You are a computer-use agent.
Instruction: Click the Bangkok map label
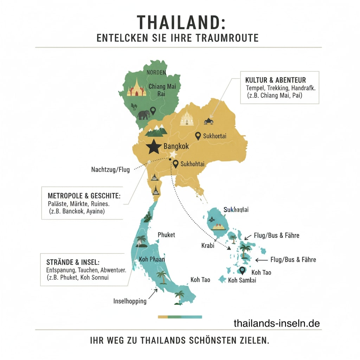pyautogui.click(x=176, y=147)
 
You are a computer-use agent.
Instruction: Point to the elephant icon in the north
pyautogui.click(x=143, y=115)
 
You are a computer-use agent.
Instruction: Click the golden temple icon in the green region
pyautogui.click(x=136, y=88)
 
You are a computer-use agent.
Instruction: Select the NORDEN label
pyautogui.click(x=156, y=72)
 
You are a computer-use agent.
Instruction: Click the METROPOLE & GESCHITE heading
pyautogui.click(x=84, y=195)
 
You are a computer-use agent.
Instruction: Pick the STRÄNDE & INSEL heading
pyautogui.click(x=73, y=262)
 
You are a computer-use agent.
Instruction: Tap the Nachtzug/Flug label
pyautogui.click(x=110, y=170)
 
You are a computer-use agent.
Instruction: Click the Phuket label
pyautogui.click(x=166, y=235)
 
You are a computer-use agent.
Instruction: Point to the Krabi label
pyautogui.click(x=208, y=245)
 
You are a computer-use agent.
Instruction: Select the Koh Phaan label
pyautogui.click(x=152, y=259)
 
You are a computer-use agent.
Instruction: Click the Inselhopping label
pyautogui.click(x=130, y=301)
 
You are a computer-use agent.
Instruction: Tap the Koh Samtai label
pyautogui.click(x=242, y=280)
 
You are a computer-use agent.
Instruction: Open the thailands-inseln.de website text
pyautogui.click(x=277, y=323)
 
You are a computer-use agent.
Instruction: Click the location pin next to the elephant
pyautogui.click(x=153, y=111)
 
